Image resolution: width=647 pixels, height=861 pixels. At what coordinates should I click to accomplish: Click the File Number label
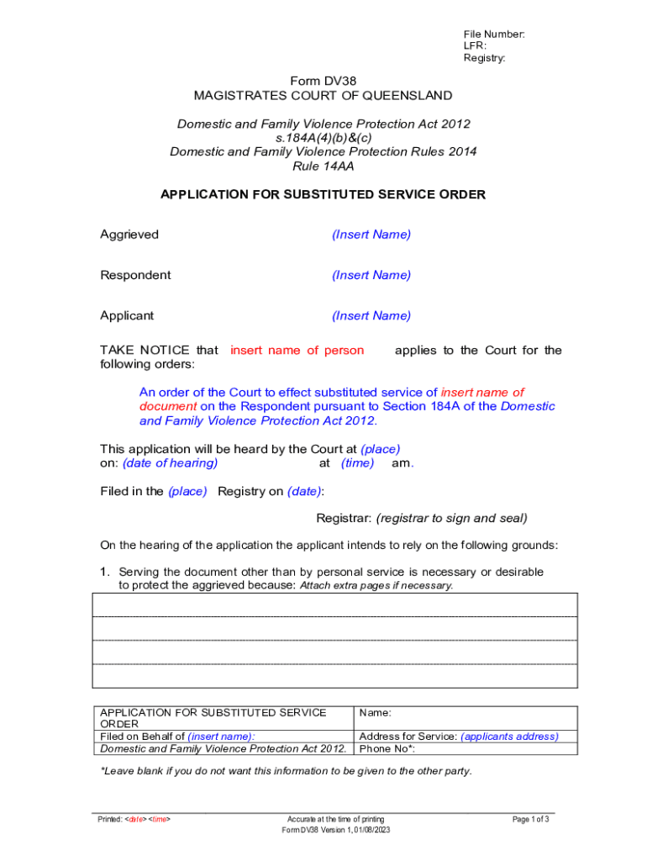click(x=493, y=34)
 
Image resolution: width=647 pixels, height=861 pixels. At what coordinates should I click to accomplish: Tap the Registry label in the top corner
click(x=484, y=58)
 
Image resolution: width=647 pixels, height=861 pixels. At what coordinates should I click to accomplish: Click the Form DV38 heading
click(x=323, y=81)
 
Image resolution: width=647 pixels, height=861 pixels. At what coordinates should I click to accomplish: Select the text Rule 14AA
click(x=323, y=166)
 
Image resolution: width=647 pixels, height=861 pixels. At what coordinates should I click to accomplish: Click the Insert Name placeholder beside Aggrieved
click(x=371, y=235)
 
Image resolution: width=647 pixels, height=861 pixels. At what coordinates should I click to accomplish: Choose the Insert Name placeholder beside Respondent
click(x=371, y=275)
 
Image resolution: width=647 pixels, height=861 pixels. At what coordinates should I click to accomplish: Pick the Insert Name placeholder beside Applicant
click(x=371, y=315)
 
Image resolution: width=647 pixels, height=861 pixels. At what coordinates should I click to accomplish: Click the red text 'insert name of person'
click(x=297, y=350)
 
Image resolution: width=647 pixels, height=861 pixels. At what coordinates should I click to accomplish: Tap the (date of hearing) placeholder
click(x=171, y=462)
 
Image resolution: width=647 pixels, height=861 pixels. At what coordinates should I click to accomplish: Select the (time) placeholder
click(x=358, y=462)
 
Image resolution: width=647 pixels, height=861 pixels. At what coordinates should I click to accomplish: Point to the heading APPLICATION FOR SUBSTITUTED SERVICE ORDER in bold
click(x=323, y=194)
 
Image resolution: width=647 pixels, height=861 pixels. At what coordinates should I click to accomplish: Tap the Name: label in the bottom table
click(x=375, y=712)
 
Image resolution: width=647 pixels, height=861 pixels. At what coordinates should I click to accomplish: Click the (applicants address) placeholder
click(x=509, y=736)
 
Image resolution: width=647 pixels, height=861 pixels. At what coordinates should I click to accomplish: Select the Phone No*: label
click(x=387, y=747)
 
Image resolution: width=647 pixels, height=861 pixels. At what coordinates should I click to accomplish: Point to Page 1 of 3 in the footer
click(x=531, y=818)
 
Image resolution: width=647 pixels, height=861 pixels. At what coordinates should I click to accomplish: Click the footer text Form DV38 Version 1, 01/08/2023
click(x=335, y=830)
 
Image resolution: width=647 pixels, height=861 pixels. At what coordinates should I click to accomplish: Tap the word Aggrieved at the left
click(x=129, y=235)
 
